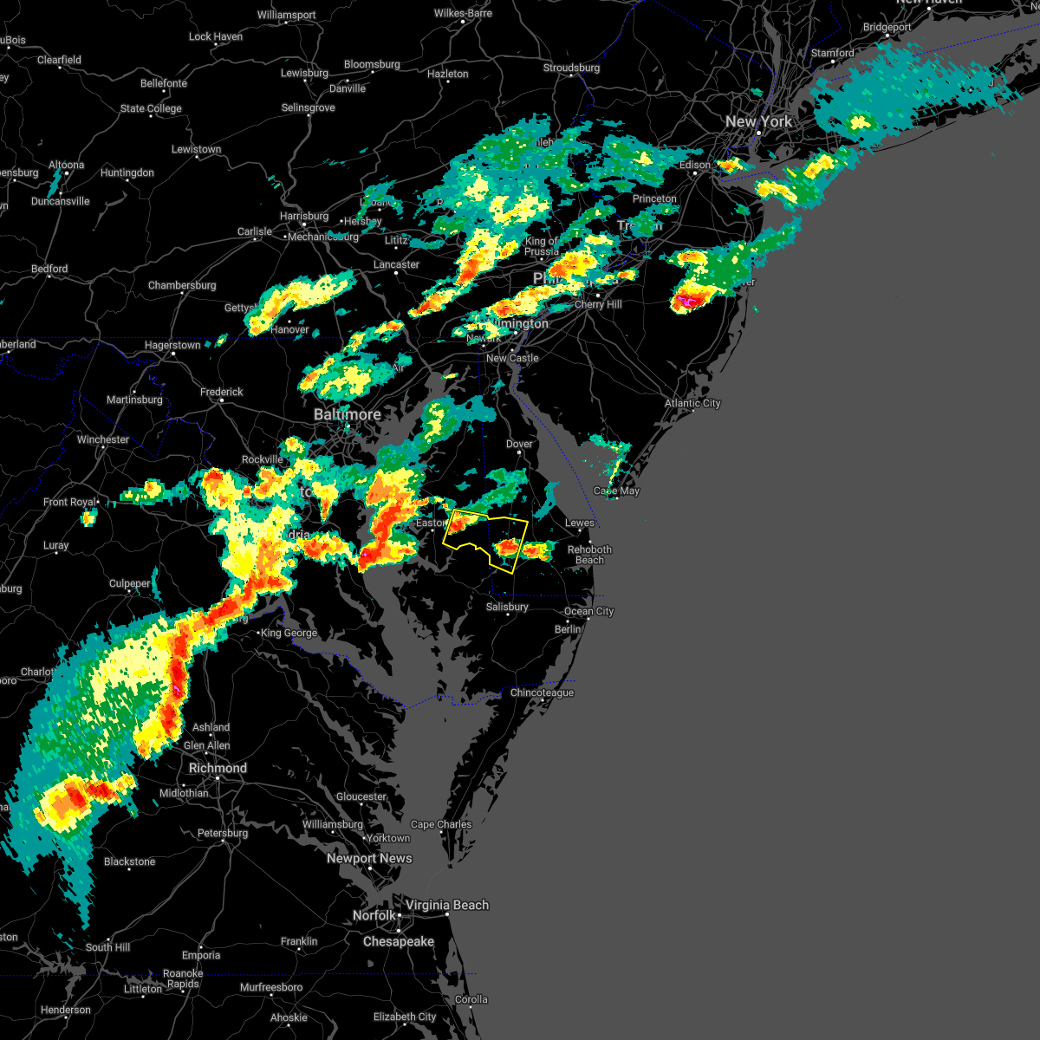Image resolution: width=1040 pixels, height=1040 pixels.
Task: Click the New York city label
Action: [x=758, y=121]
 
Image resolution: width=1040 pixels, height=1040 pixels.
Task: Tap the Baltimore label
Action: [x=347, y=414]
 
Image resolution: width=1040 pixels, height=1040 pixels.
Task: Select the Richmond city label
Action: [x=218, y=768]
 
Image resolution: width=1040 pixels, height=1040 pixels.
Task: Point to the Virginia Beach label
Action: [x=447, y=905]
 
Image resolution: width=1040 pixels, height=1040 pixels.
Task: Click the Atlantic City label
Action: [x=692, y=403]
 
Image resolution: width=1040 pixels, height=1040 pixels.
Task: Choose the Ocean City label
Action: [x=588, y=611]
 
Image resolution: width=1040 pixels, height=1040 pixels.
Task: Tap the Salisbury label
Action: [x=507, y=607]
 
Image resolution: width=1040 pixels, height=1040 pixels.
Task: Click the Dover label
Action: [x=519, y=444]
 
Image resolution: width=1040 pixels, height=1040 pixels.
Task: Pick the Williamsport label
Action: [x=286, y=16]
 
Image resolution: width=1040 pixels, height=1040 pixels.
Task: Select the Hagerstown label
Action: [x=172, y=345]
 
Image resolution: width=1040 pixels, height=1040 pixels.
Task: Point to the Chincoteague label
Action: [x=542, y=692]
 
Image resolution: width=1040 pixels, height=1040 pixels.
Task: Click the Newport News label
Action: [x=369, y=858]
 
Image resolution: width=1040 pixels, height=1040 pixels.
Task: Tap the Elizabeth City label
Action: [x=405, y=1017]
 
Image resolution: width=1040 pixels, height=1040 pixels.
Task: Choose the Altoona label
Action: [x=67, y=165]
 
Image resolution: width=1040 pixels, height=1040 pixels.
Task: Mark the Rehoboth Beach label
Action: [x=589, y=555]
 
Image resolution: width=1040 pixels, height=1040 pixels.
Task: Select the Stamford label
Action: [x=832, y=53]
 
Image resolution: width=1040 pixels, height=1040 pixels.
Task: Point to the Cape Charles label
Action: [x=441, y=824]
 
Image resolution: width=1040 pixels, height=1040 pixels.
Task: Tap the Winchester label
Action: [x=102, y=439]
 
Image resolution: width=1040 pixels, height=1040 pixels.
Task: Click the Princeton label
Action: [x=654, y=198]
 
